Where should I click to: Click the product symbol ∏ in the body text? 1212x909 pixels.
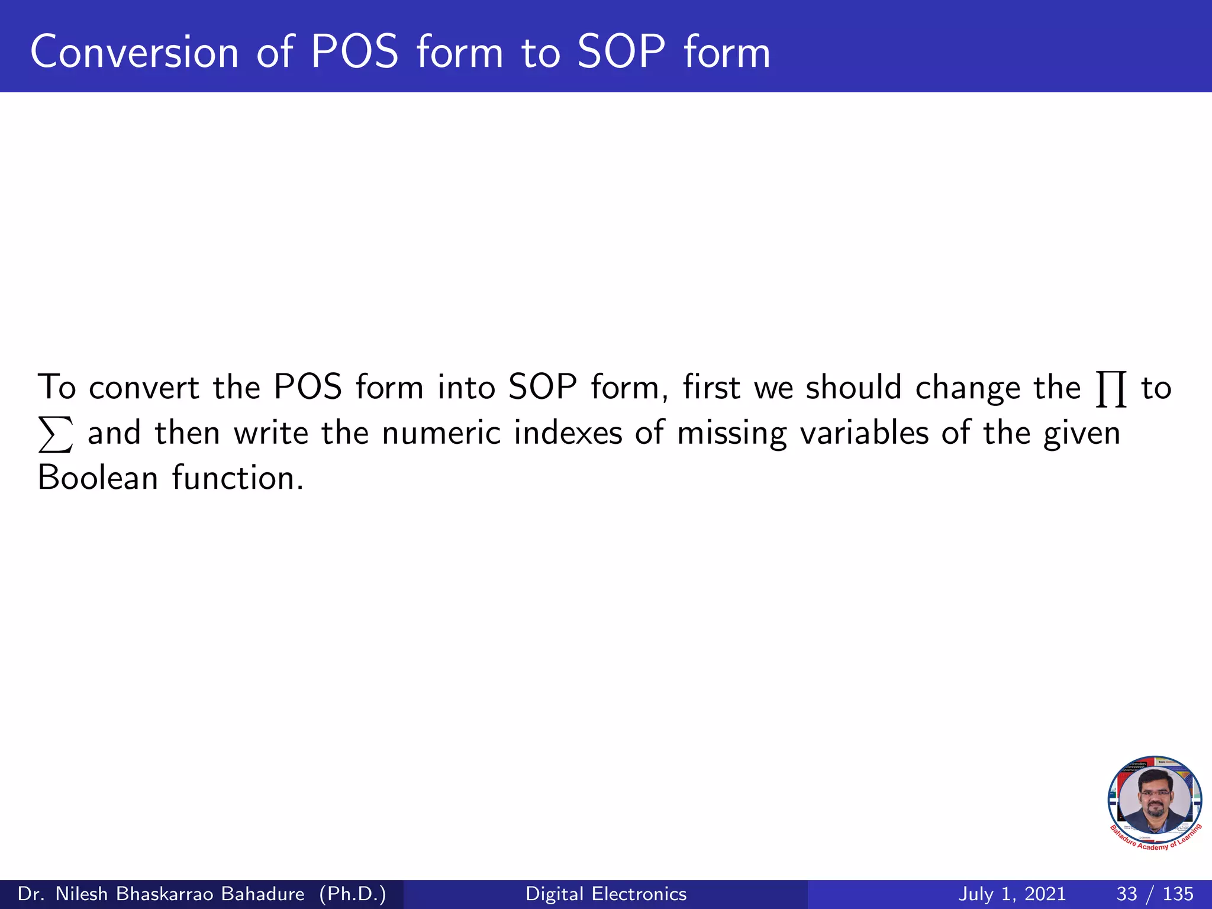pyautogui.click(x=1111, y=389)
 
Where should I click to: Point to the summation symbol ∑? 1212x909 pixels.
pyautogui.click(x=56, y=434)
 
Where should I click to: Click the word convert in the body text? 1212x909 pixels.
pyautogui.click(x=144, y=388)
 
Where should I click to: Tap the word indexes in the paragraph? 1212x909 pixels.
pyautogui.click(x=568, y=433)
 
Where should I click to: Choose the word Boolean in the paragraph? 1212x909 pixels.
pyautogui.click(x=98, y=478)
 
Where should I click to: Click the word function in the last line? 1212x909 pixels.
pyautogui.click(x=237, y=478)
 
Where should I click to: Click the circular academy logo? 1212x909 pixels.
pyautogui.click(x=1155, y=802)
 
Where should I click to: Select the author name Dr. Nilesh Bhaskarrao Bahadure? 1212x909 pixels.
pyautogui.click(x=161, y=894)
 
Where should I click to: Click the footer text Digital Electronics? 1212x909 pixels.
pyautogui.click(x=606, y=894)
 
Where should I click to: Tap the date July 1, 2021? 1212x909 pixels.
pyautogui.click(x=1011, y=894)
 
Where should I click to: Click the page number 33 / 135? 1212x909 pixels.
pyautogui.click(x=1155, y=894)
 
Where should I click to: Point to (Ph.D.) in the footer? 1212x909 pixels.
pyautogui.click(x=353, y=894)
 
